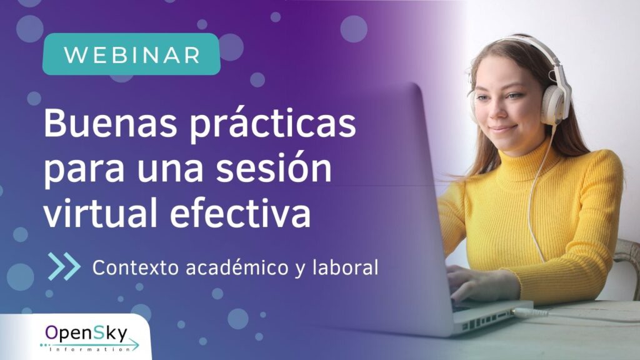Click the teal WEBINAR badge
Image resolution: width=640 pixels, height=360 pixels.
pyautogui.click(x=131, y=54)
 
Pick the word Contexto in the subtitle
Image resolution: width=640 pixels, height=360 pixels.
pyautogui.click(x=136, y=267)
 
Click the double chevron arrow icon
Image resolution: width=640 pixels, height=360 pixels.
pyautogui.click(x=64, y=266)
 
